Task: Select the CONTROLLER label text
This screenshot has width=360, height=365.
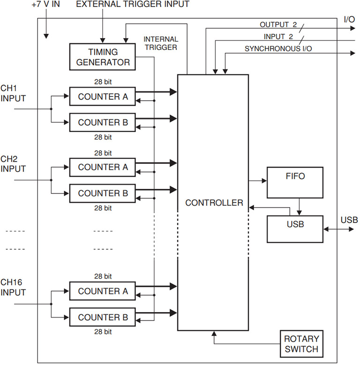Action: [x=214, y=203]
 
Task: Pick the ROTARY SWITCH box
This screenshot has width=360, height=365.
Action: [x=301, y=343]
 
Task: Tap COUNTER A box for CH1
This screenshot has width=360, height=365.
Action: [x=103, y=97]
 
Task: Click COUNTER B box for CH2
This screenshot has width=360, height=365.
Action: [x=103, y=193]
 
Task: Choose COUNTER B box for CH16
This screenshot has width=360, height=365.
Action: [x=103, y=317]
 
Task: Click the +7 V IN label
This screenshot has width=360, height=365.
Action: [x=46, y=5]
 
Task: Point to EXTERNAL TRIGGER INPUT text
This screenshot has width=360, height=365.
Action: [x=133, y=5]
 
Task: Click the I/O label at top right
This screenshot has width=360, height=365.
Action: [x=349, y=20]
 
